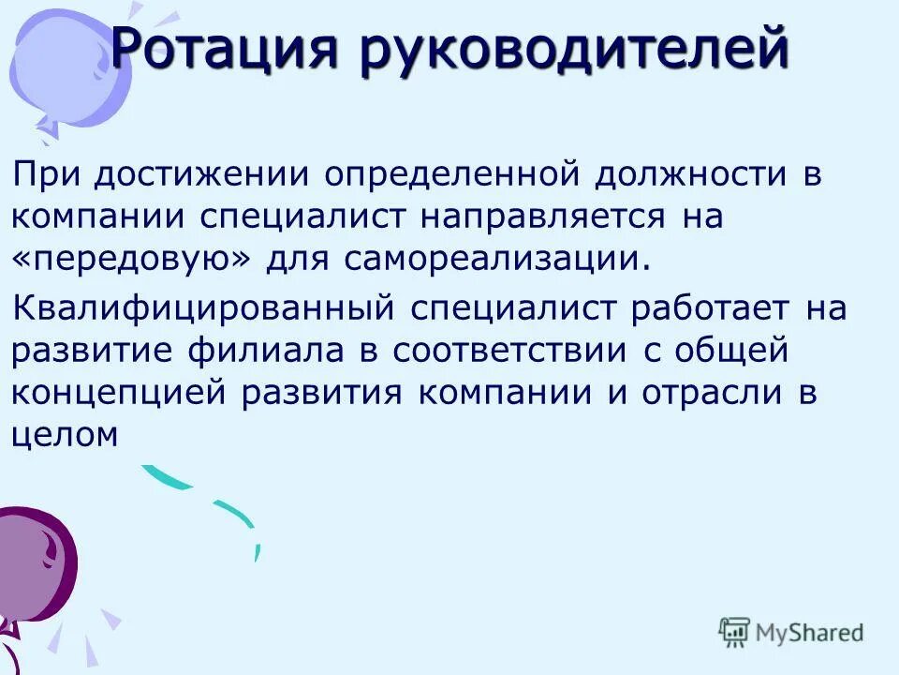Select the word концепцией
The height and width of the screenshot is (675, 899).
[119, 392]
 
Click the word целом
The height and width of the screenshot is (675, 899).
[65, 433]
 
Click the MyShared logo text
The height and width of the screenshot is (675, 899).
[811, 632]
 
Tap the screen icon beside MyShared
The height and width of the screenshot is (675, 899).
[735, 633]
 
